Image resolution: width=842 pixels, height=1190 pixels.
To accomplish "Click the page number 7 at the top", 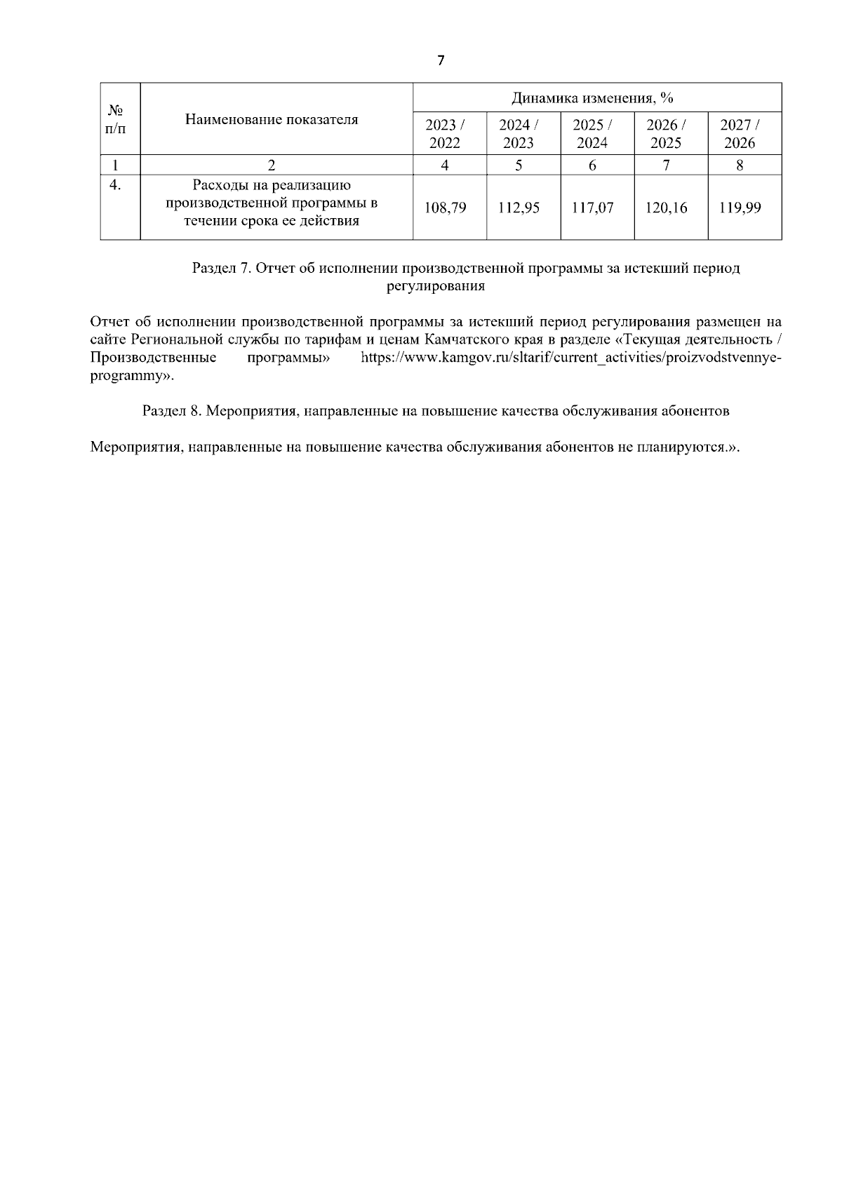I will (440, 60).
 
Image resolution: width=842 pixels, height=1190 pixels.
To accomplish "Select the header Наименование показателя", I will (272, 119).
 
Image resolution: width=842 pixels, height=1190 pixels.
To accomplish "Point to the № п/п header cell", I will (116, 119).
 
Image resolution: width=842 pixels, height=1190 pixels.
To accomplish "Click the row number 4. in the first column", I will (116, 185).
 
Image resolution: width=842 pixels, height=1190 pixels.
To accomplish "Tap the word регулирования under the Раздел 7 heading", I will (436, 287).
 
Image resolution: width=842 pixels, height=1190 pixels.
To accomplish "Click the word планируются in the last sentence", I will (679, 447).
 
